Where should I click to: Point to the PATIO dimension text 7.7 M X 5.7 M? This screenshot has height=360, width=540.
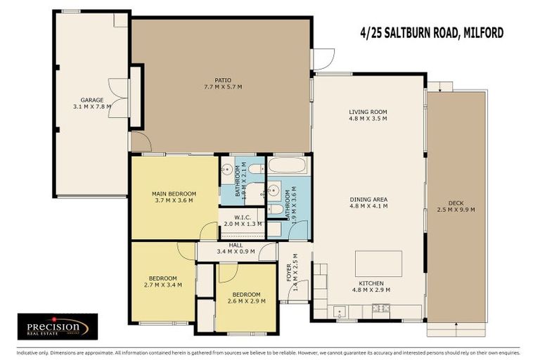[223, 87]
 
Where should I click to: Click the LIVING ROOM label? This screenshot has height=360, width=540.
[368, 111]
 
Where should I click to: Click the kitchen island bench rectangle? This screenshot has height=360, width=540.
[378, 263]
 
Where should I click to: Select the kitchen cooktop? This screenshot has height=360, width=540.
[340, 309]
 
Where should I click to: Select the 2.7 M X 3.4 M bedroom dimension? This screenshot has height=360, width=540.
[162, 285]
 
